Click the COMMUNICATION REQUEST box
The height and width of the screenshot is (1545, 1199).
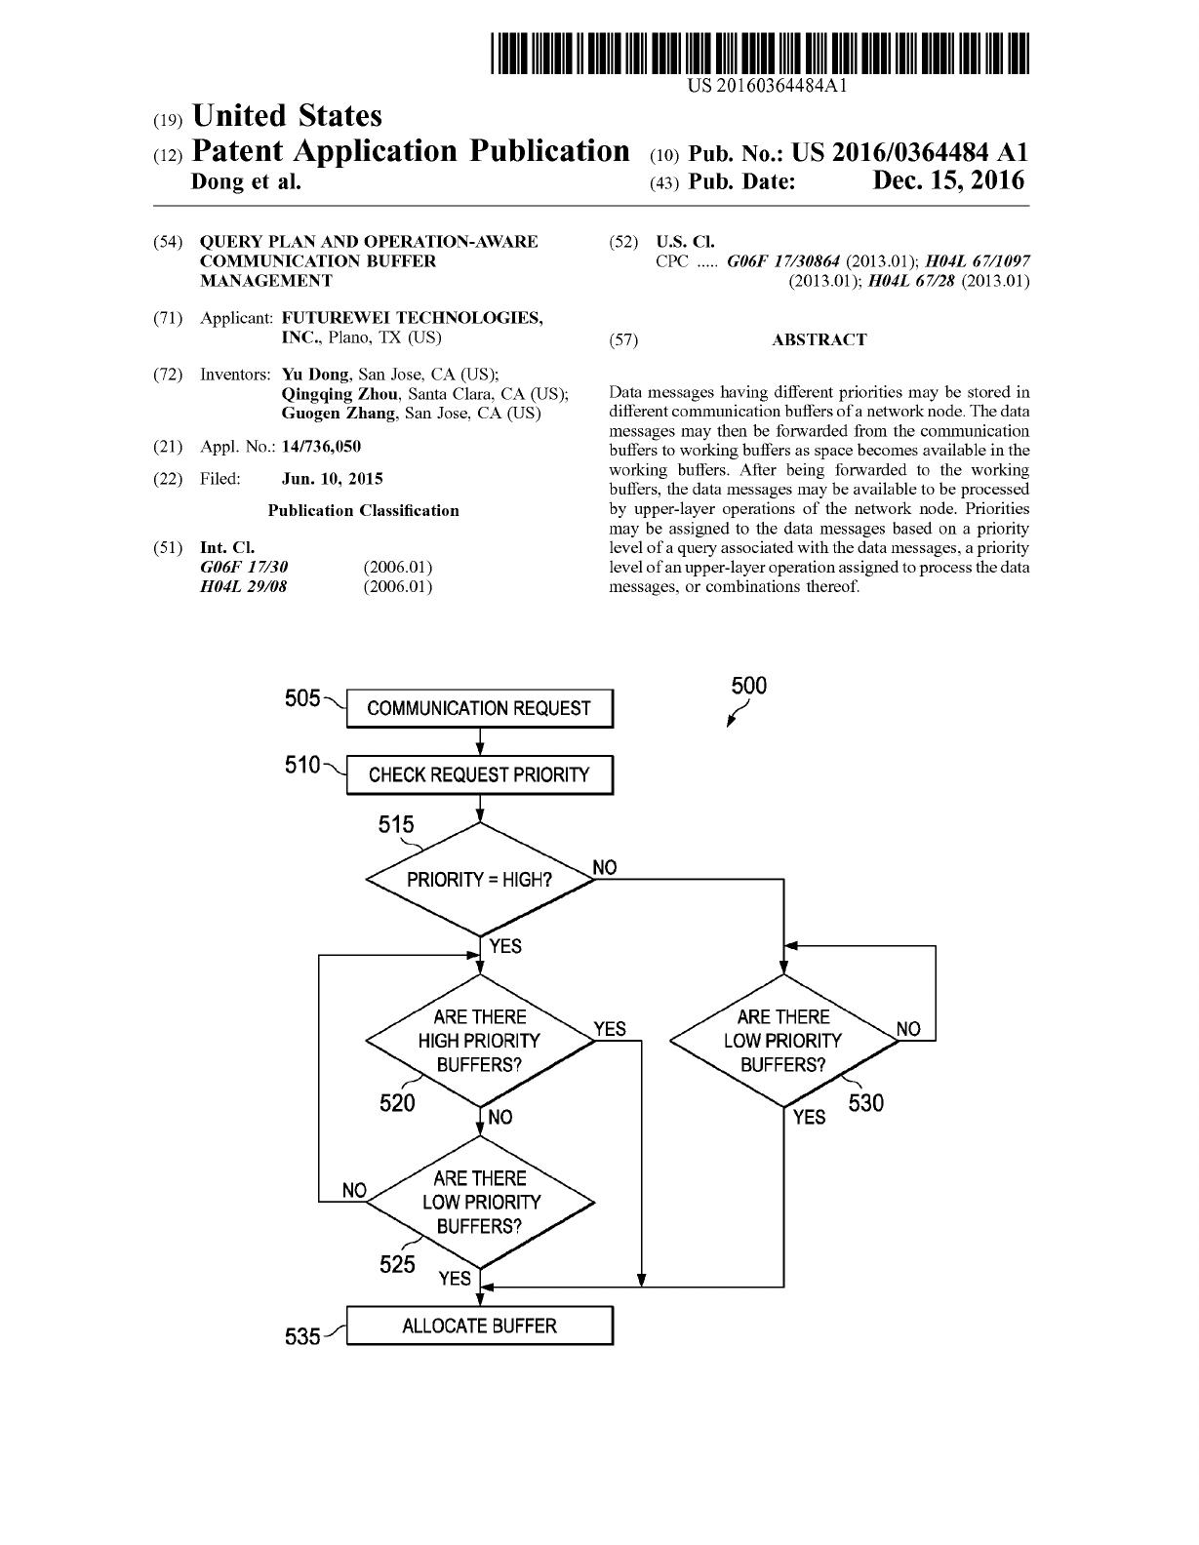[479, 708]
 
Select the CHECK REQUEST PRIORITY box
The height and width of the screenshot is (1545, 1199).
[479, 774]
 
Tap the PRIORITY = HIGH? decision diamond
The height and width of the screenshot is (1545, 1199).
[480, 880]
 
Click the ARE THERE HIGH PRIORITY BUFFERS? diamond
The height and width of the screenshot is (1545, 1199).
[480, 1040]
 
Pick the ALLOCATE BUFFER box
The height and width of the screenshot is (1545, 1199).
[479, 1326]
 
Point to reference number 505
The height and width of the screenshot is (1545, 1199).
[302, 698]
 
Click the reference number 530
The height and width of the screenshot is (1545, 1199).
[865, 1103]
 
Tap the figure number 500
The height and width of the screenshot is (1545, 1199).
[749, 686]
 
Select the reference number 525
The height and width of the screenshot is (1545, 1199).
[397, 1264]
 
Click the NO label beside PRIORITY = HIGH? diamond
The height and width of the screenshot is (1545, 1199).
[605, 867]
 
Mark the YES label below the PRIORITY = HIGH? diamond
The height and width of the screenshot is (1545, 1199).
[505, 946]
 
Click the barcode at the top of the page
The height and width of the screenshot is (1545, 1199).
[760, 53]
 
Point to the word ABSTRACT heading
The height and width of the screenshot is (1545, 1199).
[819, 339]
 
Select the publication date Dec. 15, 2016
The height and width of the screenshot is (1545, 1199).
[948, 180]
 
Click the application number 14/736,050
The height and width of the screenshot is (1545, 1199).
[321, 447]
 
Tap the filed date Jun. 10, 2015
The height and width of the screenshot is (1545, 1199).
[332, 479]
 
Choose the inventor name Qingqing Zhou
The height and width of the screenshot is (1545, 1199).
[340, 394]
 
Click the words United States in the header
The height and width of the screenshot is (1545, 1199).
[287, 115]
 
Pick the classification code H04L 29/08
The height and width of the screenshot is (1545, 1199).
[243, 586]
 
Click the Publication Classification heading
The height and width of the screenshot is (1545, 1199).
[363, 510]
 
